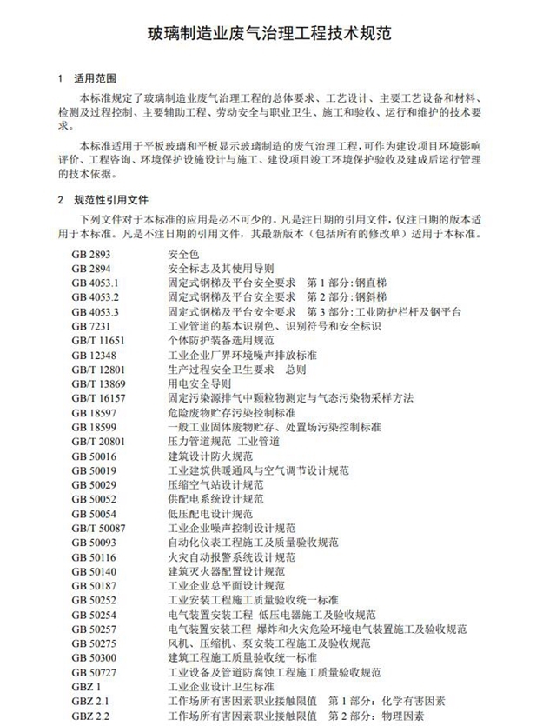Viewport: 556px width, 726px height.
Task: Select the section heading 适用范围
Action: (x=97, y=78)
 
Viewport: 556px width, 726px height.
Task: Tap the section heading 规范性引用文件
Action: (x=110, y=199)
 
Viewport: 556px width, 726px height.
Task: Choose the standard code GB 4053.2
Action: (x=95, y=296)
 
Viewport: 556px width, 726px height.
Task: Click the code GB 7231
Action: (x=90, y=325)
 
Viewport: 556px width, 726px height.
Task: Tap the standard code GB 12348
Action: (x=93, y=355)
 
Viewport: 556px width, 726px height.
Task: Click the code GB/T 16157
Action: (x=98, y=397)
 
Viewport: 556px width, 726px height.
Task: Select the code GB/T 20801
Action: (x=98, y=441)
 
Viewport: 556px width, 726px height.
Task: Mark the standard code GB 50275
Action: (x=93, y=643)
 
